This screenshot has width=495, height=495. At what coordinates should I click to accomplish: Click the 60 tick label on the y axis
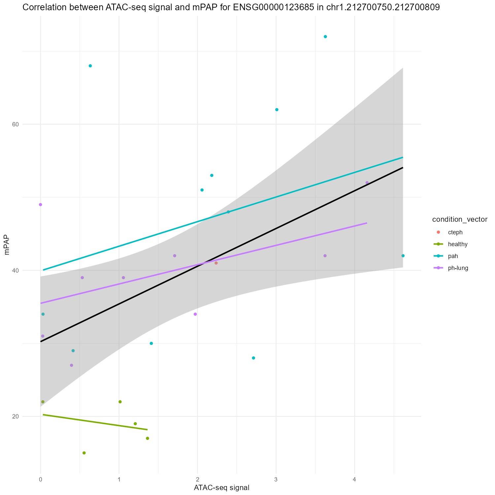(x=15, y=124)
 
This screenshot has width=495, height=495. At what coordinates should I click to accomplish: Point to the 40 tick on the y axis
(x=15, y=271)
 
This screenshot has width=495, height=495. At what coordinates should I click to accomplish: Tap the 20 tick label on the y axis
(x=15, y=416)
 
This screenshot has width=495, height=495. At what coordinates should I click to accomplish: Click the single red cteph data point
(x=216, y=263)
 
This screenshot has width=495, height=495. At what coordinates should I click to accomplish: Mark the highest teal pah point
(x=325, y=37)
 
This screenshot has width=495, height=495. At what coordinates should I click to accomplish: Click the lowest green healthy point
(x=84, y=453)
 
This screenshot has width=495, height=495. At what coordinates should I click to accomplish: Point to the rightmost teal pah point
(x=403, y=256)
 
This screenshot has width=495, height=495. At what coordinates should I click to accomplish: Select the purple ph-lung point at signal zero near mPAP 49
(x=41, y=205)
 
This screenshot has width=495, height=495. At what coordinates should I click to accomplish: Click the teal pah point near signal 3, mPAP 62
(x=277, y=110)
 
